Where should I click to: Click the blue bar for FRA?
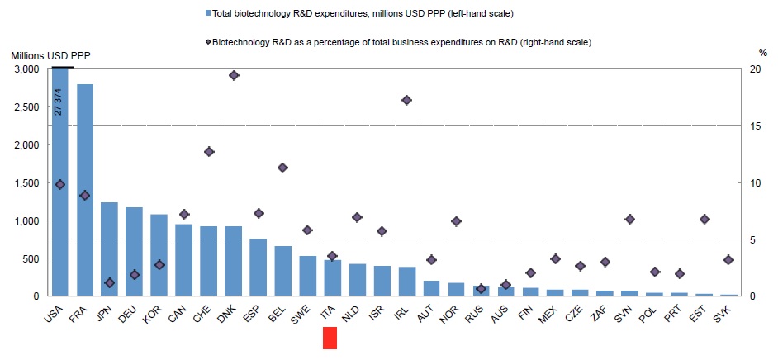point(84,190)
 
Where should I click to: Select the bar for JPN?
point(109,249)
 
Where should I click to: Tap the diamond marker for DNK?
point(234,75)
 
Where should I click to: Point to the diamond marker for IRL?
point(406,100)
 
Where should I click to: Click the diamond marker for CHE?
point(209,152)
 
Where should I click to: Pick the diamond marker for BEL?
point(282,168)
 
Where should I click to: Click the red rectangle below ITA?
point(330,338)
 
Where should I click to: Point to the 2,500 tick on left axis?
point(32,107)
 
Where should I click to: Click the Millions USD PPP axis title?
point(50,54)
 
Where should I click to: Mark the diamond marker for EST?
point(704,219)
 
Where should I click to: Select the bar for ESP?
point(259,267)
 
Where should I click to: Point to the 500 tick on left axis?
point(38,258)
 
